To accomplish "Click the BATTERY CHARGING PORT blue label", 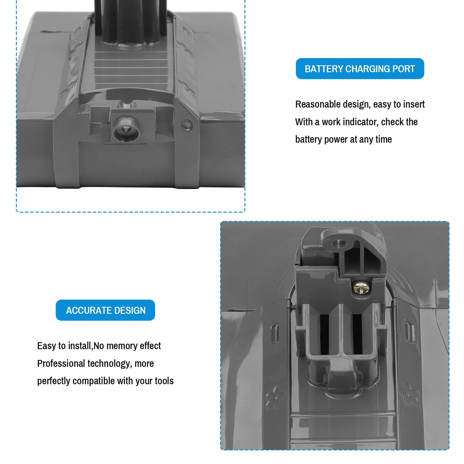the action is coord(360,69).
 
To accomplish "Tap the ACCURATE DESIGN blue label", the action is coord(105,310).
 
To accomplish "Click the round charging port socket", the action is coord(126,130).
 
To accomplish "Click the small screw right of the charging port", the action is coord(187,125).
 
